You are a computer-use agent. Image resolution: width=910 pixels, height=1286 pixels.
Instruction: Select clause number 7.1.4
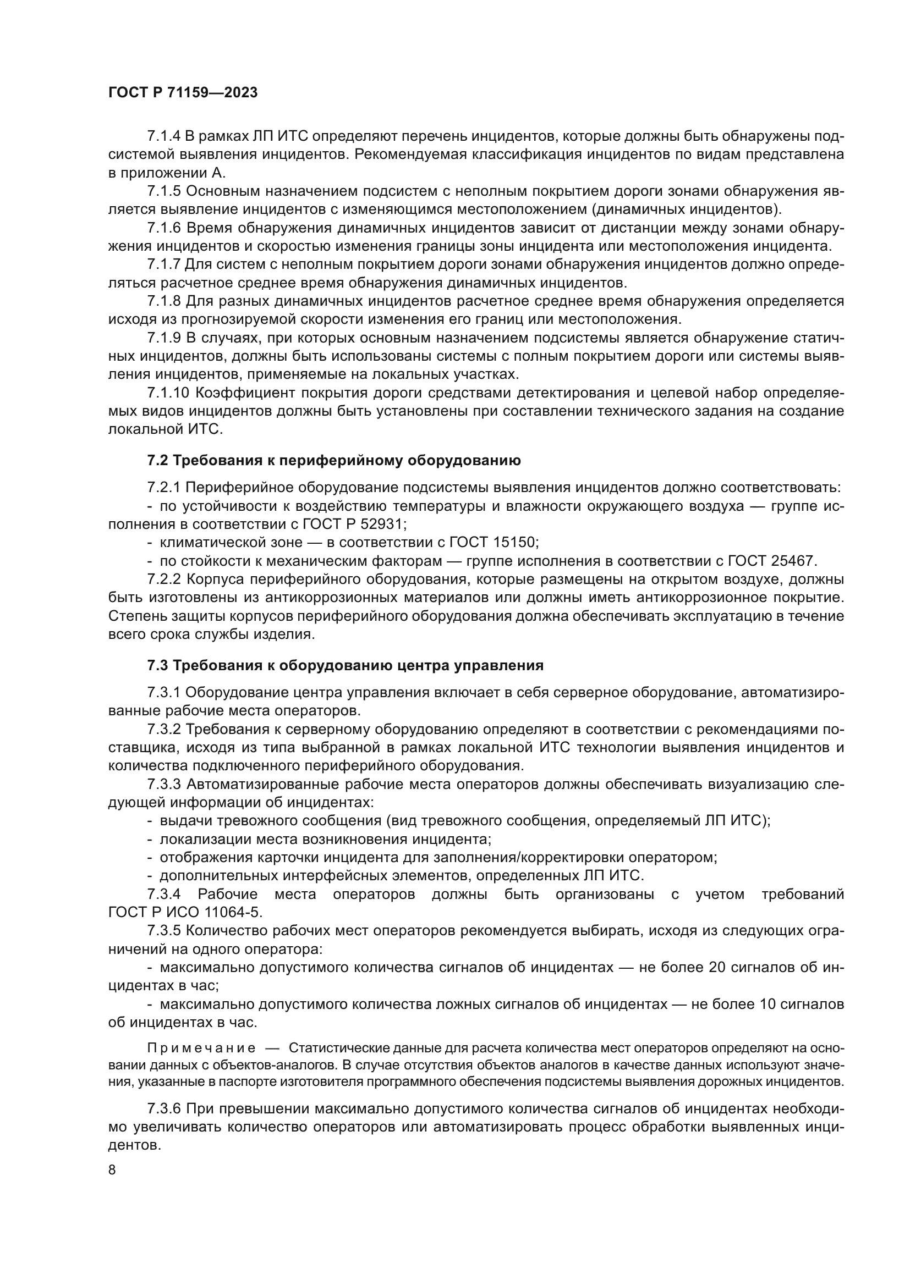pyautogui.click(x=163, y=137)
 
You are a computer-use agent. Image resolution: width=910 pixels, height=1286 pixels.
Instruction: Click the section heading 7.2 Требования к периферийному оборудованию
pyautogui.click(x=334, y=460)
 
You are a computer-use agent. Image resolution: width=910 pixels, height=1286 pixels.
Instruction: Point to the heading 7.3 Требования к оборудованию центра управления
pyautogui.click(x=345, y=665)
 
